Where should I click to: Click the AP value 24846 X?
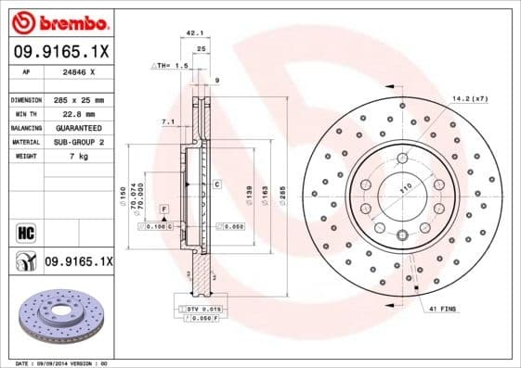pos(75,71)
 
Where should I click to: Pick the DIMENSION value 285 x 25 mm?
pos(77,99)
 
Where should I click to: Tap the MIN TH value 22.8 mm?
pos(77,113)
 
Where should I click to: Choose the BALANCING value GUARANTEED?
pos(77,127)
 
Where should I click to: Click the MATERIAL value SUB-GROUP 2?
pos(77,142)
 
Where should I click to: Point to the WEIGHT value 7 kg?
pos(77,157)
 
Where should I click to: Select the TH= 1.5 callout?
pos(172,67)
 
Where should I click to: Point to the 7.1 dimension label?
pos(167,121)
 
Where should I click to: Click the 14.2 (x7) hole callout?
pos(470,97)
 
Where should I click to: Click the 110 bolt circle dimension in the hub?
pos(404,188)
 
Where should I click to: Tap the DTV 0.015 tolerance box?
pos(197,307)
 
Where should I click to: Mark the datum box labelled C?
pos(216,185)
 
